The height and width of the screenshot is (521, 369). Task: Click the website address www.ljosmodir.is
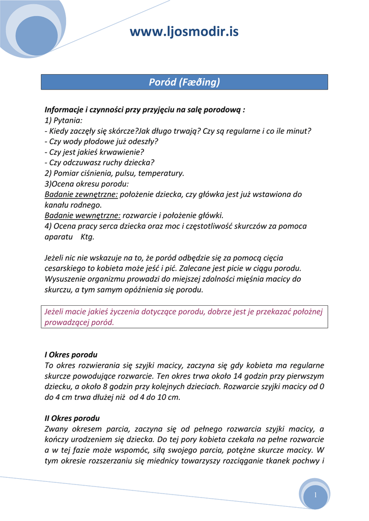point(184,32)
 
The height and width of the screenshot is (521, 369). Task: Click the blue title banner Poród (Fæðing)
point(184,82)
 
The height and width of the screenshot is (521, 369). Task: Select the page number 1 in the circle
point(316,495)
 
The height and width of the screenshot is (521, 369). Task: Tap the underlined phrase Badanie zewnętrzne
point(81,194)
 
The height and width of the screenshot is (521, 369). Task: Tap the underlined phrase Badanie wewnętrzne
point(82,215)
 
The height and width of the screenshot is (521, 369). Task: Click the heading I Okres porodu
point(71,354)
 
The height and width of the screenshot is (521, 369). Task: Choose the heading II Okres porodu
point(72,418)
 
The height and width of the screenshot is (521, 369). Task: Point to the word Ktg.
point(88,237)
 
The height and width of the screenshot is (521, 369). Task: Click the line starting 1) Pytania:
point(64,120)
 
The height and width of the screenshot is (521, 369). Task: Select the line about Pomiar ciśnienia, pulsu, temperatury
point(115,173)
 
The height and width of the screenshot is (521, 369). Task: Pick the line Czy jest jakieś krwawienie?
point(94,152)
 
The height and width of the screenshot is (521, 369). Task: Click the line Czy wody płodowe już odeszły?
point(101,141)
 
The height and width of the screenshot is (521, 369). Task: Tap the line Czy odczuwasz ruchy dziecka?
point(99,162)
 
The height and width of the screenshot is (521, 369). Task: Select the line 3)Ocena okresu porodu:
point(87,184)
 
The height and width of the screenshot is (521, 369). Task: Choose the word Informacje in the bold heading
point(64,109)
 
